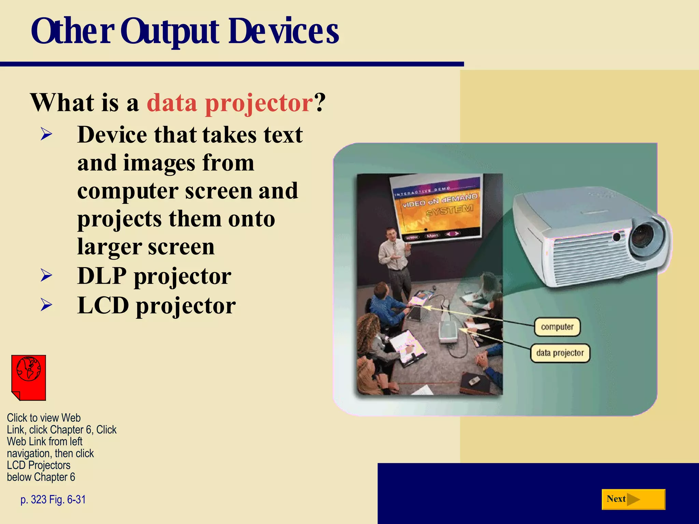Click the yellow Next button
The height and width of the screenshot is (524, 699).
point(633,499)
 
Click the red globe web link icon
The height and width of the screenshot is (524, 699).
point(29,377)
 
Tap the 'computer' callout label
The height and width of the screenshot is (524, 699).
point(557,327)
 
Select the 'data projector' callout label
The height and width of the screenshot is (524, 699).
point(560,353)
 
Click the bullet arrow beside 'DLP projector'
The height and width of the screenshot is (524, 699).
point(46,276)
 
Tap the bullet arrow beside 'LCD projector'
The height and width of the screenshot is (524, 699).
point(46,305)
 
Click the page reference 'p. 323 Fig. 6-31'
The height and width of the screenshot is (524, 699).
point(53,499)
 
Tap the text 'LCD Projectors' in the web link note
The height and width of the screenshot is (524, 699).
point(39,465)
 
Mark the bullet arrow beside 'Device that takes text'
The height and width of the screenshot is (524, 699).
point(46,134)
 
